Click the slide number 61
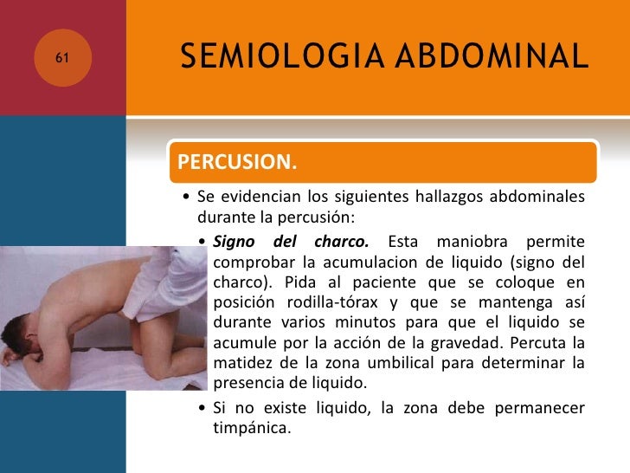[x=62, y=57]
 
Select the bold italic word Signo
[x=234, y=240]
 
